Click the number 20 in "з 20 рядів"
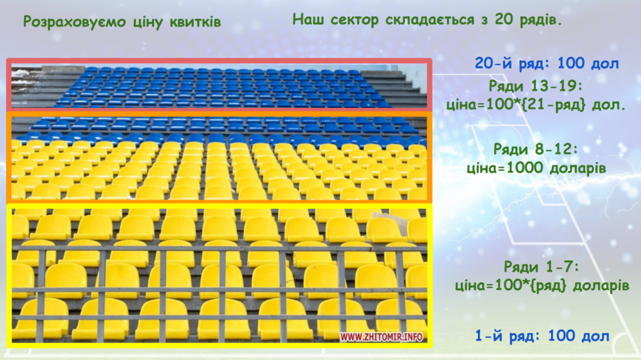[x=503, y=19]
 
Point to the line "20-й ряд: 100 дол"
[x=546, y=64]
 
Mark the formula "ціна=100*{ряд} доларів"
[x=541, y=285]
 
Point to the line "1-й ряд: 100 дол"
[x=542, y=336]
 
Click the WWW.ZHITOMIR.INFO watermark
[x=381, y=337]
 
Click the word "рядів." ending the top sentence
[x=540, y=19]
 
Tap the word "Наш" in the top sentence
[x=309, y=19]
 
